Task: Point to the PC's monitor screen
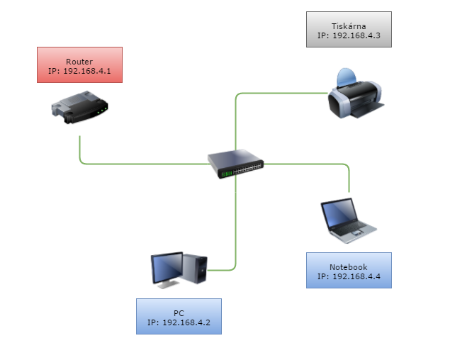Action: click(167, 267)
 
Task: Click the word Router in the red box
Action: click(79, 62)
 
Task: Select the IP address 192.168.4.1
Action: click(79, 71)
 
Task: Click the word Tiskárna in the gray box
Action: click(348, 25)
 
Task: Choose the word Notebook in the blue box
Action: click(348, 267)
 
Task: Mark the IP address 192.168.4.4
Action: click(348, 276)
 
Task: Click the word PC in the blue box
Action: click(179, 313)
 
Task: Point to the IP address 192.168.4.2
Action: click(179, 322)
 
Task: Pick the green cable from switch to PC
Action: click(235, 227)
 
